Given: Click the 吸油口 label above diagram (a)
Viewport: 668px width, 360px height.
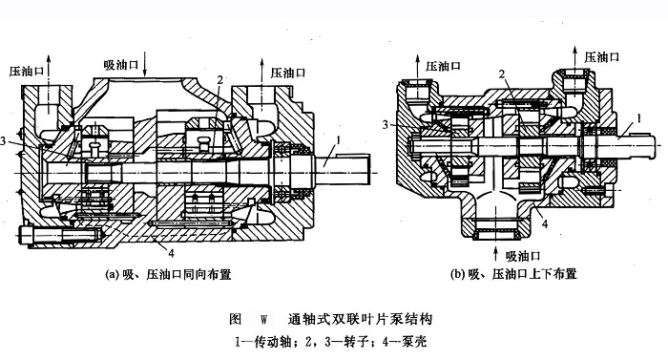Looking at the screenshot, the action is (121, 65).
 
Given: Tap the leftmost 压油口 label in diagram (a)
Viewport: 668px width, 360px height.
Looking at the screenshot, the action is (27, 72).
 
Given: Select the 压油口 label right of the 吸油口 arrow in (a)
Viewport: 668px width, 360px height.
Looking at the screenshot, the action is (288, 73).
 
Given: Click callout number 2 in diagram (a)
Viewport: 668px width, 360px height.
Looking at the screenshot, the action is (219, 80).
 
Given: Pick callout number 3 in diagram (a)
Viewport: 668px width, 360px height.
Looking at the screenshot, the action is (3, 140).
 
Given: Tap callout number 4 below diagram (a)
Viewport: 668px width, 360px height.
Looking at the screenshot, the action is (171, 253).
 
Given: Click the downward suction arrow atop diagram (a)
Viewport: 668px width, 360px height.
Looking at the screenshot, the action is (144, 64).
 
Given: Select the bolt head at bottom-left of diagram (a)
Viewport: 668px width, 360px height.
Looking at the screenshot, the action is (25, 236).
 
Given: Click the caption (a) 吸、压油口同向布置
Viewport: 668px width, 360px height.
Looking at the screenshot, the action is (168, 274).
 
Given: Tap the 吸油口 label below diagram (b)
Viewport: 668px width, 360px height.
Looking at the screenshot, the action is (523, 256).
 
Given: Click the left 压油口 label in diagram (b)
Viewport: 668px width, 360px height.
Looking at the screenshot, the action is (443, 66).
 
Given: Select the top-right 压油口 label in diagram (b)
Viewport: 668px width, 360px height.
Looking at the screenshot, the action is (601, 56).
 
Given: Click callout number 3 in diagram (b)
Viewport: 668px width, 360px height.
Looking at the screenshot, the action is (386, 124).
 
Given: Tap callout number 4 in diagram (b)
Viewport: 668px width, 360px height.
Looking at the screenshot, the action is (545, 223).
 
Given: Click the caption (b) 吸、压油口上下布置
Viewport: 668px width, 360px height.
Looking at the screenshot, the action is (513, 274).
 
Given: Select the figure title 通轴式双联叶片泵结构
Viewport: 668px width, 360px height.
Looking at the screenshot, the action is (360, 319).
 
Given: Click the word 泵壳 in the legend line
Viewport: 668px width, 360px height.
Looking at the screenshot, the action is (414, 342).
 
